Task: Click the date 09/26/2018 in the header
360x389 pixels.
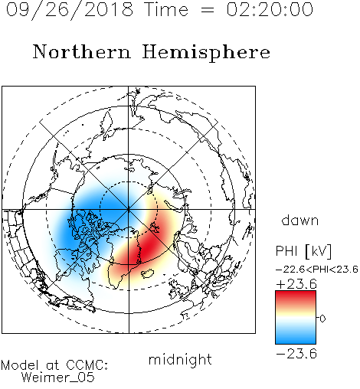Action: coord(70,10)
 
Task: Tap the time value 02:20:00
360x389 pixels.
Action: coord(270,9)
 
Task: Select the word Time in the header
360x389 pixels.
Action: coord(166,9)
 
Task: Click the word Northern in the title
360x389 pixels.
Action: coord(82,51)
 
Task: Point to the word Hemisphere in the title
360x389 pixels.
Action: coord(206,53)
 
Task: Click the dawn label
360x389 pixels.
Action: coord(300,220)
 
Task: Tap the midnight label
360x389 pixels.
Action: coord(180,359)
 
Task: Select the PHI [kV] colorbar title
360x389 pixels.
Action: coord(303,251)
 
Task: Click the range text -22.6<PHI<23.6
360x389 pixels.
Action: coord(317,269)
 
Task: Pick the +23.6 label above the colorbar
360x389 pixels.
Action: coord(296,284)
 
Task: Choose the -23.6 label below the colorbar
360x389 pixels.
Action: coord(296,354)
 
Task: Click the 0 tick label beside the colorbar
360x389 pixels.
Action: coord(322,319)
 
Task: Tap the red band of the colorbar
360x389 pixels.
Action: coord(296,296)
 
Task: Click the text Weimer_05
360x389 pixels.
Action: coord(58,378)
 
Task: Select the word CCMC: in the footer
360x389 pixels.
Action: coord(87,365)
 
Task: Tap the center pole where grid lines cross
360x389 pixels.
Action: coord(129,210)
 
